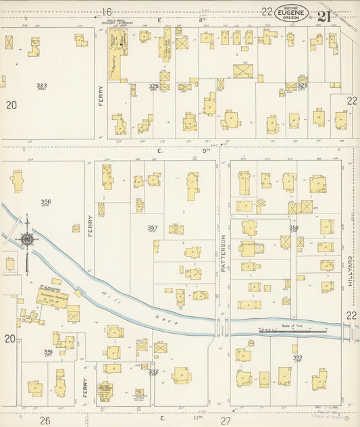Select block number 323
tap(42, 86)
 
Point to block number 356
tap(45, 202)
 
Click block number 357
tap(153, 228)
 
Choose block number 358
tap(294, 228)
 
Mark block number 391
tap(49, 352)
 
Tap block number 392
tap(153, 371)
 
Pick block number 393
tap(297, 357)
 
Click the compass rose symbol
tap(27, 240)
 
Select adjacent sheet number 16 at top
tap(106, 11)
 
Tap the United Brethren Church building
tap(106, 392)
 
